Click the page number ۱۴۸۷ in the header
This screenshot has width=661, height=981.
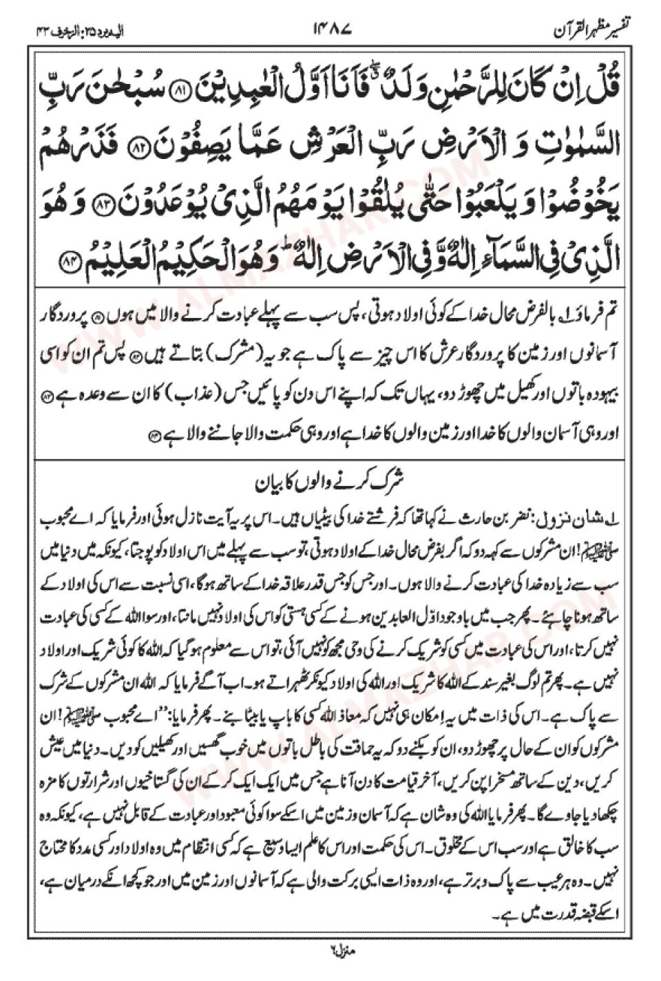pyautogui.click(x=332, y=30)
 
